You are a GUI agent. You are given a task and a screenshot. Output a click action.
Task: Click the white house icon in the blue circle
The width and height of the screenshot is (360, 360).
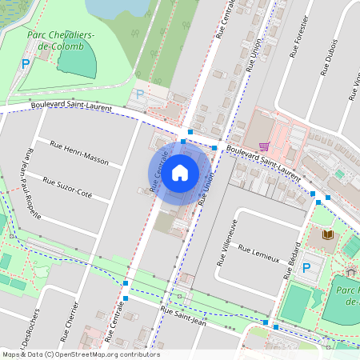click(x=179, y=172)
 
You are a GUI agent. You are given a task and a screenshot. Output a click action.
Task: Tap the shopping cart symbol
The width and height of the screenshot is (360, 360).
click(x=264, y=146)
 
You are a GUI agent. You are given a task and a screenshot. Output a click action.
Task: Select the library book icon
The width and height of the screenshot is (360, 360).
click(x=327, y=234)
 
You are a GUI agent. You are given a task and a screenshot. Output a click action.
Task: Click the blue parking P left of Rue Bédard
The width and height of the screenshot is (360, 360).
click(x=306, y=268)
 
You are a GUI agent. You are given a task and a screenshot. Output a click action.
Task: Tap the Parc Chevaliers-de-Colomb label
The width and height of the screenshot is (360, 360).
click(x=61, y=41)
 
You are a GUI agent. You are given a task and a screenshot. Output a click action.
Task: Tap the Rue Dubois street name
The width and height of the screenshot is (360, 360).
click(x=329, y=56)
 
